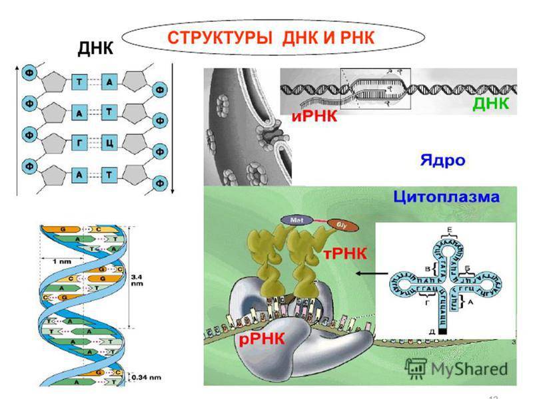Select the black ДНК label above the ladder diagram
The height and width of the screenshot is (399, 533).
[96, 48]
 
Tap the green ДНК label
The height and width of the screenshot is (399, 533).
[490, 104]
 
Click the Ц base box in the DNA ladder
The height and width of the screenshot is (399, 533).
[110, 143]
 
